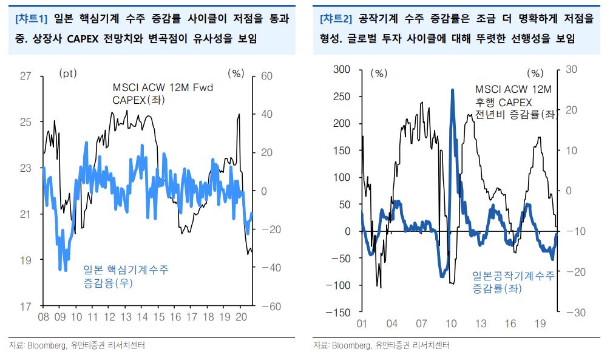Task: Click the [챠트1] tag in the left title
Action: point(31,19)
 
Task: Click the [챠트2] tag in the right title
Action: point(336,19)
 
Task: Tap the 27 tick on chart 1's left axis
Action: point(25,76)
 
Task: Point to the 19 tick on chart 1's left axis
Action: point(25,260)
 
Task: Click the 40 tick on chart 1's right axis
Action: point(268,114)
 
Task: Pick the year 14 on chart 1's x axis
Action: point(142,317)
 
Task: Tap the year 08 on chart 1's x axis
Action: point(44,317)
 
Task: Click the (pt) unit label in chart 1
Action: point(68,73)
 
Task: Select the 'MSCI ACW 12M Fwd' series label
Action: point(163,88)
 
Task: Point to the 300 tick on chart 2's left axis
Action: point(342,69)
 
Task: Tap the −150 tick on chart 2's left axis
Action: point(339,312)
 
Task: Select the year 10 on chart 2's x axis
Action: point(451,324)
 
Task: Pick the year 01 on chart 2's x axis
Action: point(362,324)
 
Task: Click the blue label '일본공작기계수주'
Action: point(513,276)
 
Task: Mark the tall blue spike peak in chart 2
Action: point(452,91)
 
